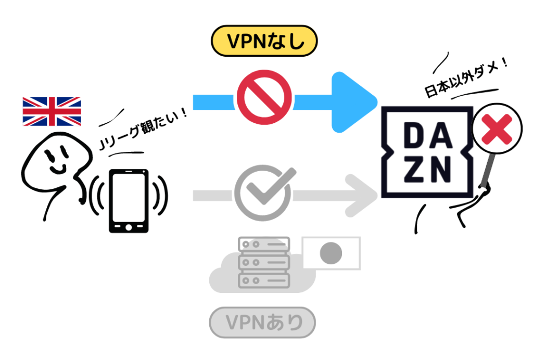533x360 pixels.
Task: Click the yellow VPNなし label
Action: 264,41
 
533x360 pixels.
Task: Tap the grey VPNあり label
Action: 263,323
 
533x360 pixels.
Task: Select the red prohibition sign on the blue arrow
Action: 264,95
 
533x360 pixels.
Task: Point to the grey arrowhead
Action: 364,196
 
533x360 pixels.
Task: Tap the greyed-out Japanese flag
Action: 332,253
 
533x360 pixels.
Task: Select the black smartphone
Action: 128,200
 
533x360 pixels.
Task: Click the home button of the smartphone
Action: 128,227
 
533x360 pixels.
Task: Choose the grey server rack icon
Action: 264,263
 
